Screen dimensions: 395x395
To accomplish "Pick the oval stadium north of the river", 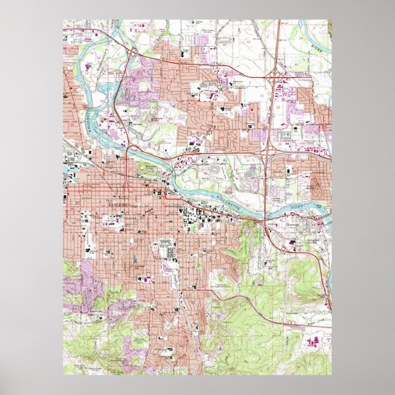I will coord(214,171).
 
